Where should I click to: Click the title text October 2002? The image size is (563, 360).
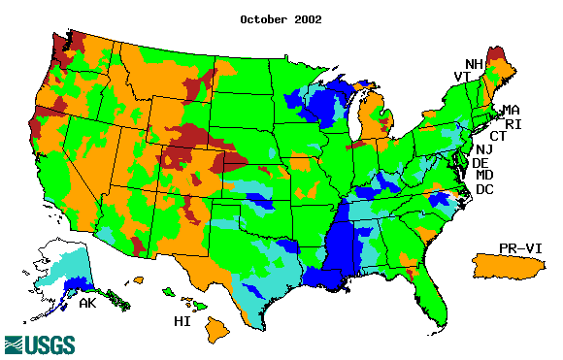coord(281,18)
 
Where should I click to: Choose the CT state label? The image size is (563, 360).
coord(498,136)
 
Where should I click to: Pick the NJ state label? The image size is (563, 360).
coord(484,149)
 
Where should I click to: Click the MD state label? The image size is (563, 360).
coord(484,176)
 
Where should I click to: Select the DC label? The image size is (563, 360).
coord(484,189)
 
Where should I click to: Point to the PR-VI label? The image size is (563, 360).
coord(520,248)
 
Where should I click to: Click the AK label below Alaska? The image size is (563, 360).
coord(87,304)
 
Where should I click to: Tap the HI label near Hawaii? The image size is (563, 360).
coord(181,320)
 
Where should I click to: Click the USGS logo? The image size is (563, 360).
coord(40,344)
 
